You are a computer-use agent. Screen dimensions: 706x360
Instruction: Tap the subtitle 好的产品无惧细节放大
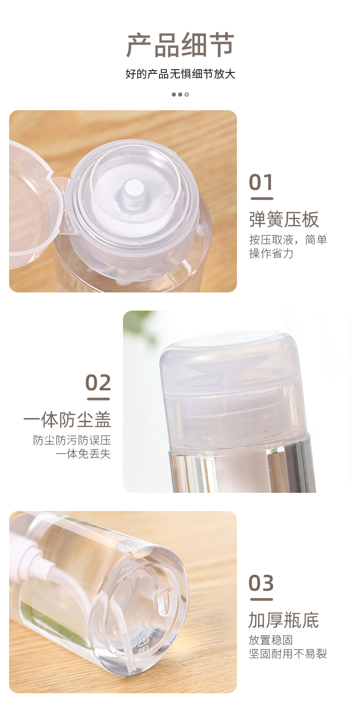[180, 74]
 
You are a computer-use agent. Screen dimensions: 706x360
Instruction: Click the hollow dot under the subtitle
[187, 94]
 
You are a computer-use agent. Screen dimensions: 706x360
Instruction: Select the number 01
[261, 183]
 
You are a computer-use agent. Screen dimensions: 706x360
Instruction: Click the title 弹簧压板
[283, 219]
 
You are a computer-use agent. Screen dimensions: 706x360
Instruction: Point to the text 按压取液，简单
[288, 240]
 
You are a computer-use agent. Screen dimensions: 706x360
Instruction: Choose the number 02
[98, 383]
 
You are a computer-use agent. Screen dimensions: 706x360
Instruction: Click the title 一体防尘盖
[67, 420]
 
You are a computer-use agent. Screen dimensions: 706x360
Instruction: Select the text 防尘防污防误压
[72, 440]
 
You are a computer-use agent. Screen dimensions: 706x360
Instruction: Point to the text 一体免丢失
[83, 454]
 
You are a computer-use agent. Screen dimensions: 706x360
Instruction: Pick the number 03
[261, 583]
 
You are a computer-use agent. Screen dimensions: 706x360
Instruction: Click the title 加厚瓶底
[283, 620]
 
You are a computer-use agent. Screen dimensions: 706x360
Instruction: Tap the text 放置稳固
[271, 640]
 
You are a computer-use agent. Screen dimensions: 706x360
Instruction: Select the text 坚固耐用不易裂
[288, 655]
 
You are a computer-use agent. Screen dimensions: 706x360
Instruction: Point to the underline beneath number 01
[261, 199]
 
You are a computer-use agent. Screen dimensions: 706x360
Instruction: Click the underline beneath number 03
[261, 599]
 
